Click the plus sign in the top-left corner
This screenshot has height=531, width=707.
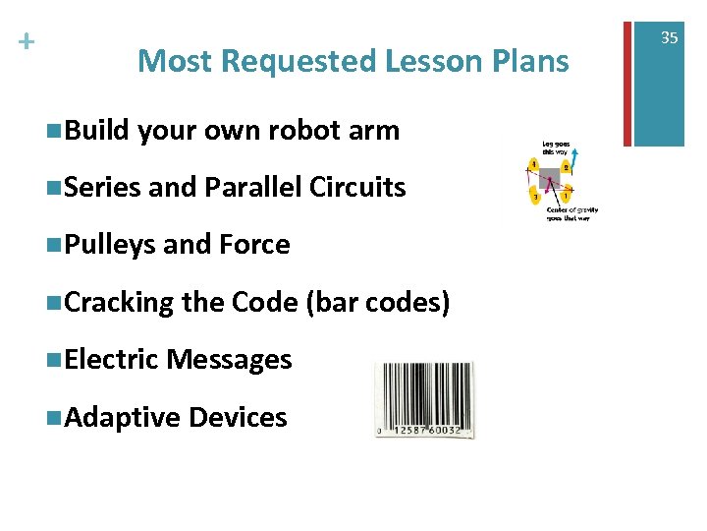(27, 42)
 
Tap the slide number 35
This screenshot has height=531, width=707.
(669, 38)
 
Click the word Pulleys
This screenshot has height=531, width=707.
(110, 244)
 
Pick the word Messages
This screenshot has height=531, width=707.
(230, 360)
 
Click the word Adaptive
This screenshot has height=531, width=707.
(122, 417)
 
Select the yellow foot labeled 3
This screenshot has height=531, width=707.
(535, 198)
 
